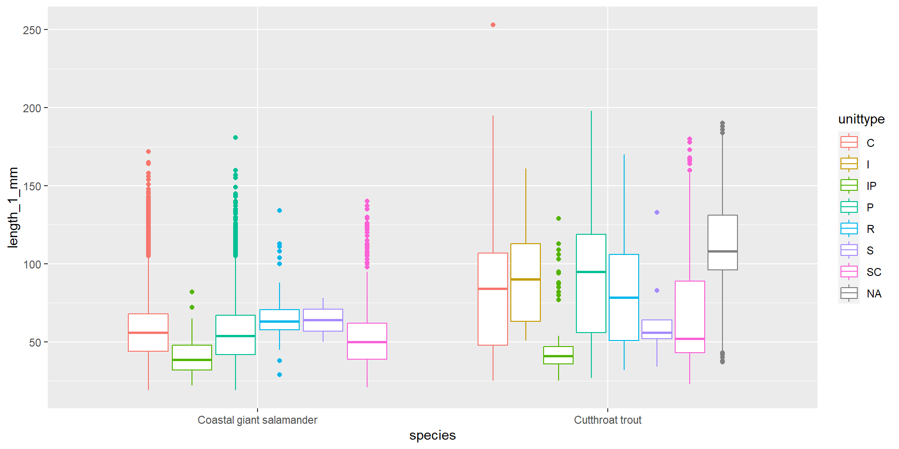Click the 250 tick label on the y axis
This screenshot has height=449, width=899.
click(32, 30)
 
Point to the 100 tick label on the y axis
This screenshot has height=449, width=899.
click(32, 264)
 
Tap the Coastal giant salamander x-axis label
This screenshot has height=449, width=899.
click(257, 420)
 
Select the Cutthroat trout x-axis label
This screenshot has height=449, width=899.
click(607, 420)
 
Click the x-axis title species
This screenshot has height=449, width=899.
click(432, 435)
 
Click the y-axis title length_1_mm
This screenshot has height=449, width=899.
click(13, 207)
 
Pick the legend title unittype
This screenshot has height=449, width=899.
click(861, 119)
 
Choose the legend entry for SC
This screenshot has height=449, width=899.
click(874, 272)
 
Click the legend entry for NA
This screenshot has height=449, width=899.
click(874, 294)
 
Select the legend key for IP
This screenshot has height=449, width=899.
click(849, 186)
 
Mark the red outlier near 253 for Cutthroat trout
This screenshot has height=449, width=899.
click(493, 25)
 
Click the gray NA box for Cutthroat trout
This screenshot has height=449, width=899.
click(722, 242)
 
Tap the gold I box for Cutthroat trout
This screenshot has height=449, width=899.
click(525, 282)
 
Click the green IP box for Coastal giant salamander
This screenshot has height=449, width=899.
click(192, 357)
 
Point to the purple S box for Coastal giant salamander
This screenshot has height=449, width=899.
click(323, 320)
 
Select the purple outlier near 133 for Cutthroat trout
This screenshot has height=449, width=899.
click(657, 212)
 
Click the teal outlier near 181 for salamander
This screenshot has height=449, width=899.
click(236, 138)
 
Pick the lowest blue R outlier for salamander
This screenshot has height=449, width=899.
click(280, 375)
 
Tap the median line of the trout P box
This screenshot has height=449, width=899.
click(591, 272)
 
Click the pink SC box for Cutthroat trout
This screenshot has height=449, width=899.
click(690, 317)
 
